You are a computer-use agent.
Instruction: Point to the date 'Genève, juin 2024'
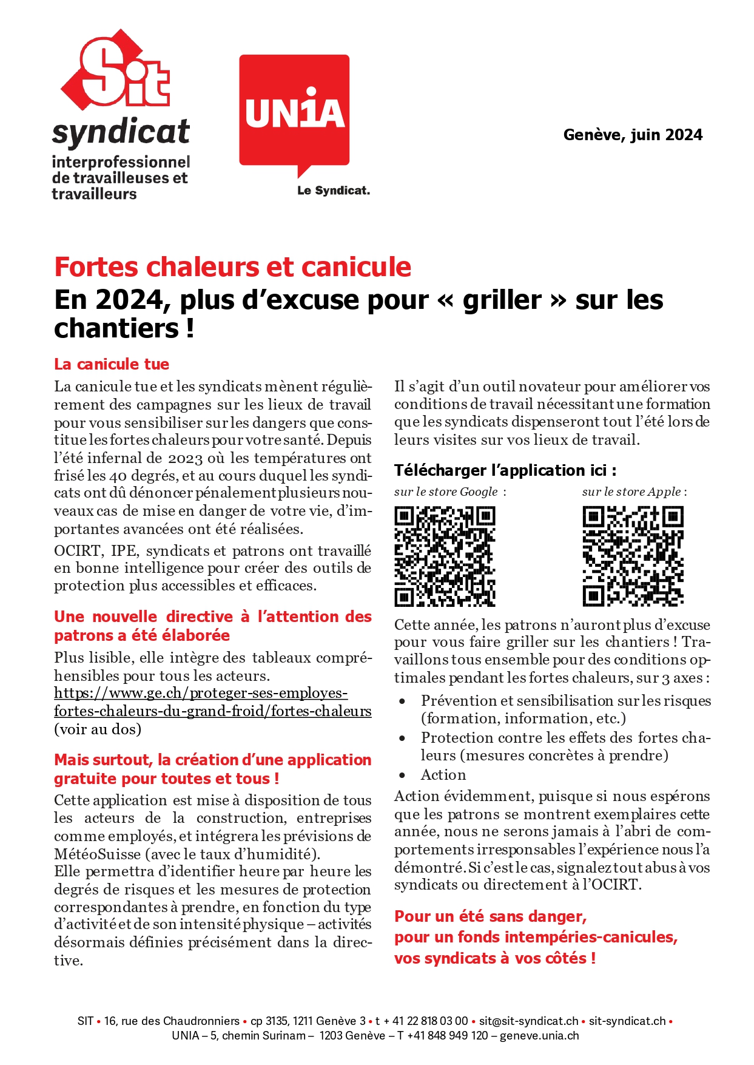tap(633, 135)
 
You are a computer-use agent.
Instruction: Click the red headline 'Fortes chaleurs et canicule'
tap(232, 267)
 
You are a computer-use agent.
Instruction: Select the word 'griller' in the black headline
tap(502, 300)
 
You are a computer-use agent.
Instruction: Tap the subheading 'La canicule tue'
tap(112, 364)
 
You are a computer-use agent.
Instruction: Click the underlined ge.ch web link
tap(212, 702)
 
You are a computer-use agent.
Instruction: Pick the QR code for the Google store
tap(445, 556)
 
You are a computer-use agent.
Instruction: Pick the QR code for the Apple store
tap(633, 556)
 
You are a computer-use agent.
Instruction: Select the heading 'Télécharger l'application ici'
tap(505, 470)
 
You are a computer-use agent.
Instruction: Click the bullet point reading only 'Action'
tap(443, 775)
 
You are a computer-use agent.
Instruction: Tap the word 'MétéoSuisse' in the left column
tap(97, 854)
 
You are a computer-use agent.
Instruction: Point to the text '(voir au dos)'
tap(98, 729)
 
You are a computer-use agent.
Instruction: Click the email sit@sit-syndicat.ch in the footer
tap(528, 1021)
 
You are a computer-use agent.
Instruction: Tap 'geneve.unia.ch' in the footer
tap(539, 1035)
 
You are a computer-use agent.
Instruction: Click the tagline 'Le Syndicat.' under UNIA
tap(333, 191)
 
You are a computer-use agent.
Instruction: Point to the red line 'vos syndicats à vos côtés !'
tap(495, 958)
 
